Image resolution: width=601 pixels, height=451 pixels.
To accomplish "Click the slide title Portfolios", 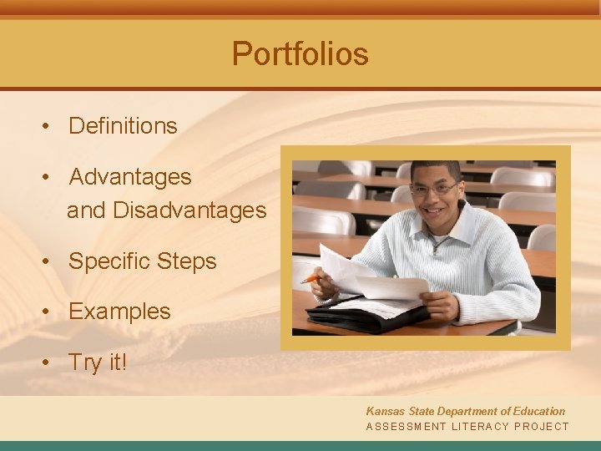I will tap(300, 53).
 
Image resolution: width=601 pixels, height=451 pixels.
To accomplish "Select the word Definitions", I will tap(123, 126).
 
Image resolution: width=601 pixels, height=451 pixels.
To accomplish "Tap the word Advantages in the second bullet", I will tap(130, 177).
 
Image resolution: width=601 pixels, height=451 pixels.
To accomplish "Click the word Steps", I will tap(188, 261).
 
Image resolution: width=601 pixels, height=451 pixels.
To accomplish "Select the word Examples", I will tap(119, 312).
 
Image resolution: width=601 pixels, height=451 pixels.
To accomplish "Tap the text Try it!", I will tap(98, 362).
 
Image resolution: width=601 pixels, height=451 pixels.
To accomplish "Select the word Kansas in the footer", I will tap(384, 411).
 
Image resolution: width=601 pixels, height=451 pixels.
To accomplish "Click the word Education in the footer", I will tap(537, 411).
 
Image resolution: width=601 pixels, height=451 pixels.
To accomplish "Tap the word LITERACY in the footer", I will tap(481, 427).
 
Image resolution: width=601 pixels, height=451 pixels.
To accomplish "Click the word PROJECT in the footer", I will tap(542, 427).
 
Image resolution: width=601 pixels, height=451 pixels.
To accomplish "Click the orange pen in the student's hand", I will tap(311, 278).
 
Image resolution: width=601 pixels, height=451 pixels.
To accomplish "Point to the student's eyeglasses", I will tap(434, 190).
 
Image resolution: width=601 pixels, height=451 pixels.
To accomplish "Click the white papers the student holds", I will tap(376, 280).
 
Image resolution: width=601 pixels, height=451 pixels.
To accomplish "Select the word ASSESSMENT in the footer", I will tap(407, 427).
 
